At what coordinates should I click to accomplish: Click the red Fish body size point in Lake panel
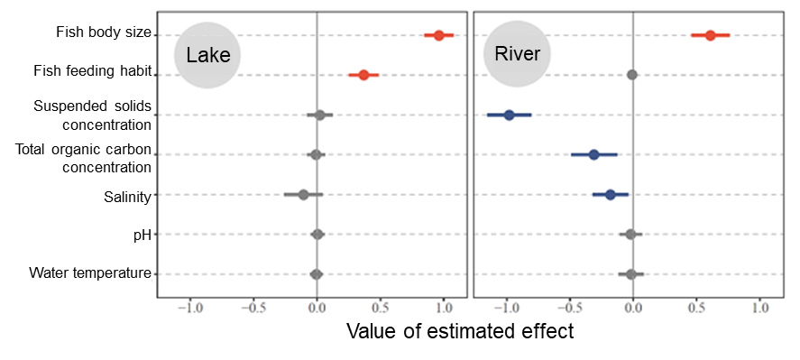tap(438, 35)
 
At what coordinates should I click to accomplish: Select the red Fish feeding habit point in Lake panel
tap(363, 75)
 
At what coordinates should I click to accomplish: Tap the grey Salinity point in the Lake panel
tap(303, 194)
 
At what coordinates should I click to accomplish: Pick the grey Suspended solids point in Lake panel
tap(319, 115)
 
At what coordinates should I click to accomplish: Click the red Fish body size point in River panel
tap(710, 35)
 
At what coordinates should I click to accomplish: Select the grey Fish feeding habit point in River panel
tap(632, 75)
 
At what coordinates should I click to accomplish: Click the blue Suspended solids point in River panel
tap(509, 115)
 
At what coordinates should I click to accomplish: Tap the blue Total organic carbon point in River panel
tap(593, 154)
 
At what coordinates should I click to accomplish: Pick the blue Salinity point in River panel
tap(610, 194)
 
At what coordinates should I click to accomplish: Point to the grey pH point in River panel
tap(630, 235)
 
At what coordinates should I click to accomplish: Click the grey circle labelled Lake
tap(207, 55)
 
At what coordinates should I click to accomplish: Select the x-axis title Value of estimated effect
tap(460, 331)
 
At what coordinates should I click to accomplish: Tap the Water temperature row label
tap(89, 272)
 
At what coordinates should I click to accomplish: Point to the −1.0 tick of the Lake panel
tap(190, 307)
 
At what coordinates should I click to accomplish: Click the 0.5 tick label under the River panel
tap(696, 307)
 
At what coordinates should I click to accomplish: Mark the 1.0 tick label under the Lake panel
tap(444, 307)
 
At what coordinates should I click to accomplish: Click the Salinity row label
tap(127, 196)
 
